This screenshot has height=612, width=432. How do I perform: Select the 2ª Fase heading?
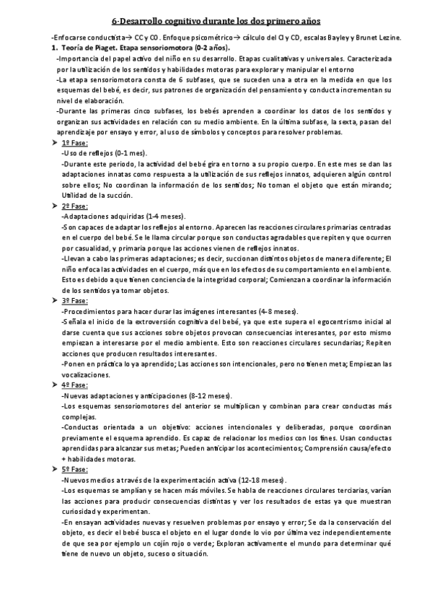(x=74, y=206)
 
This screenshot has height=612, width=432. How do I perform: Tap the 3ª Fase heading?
(x=74, y=300)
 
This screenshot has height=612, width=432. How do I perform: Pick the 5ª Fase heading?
(x=74, y=469)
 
